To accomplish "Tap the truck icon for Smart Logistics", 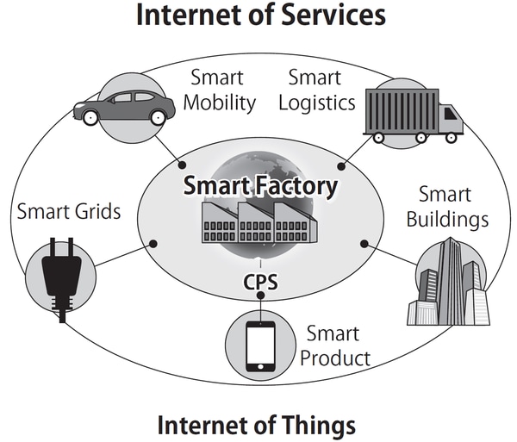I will [412, 114].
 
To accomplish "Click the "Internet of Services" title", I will [259, 16].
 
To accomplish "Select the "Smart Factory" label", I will [259, 184].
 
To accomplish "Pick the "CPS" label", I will [259, 283].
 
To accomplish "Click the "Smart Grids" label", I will [69, 210].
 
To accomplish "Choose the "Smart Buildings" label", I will [448, 206].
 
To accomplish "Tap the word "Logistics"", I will [321, 103].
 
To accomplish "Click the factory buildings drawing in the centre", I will [259, 225].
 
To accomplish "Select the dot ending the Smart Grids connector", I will [153, 244].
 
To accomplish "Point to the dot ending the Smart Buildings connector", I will [364, 244].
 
